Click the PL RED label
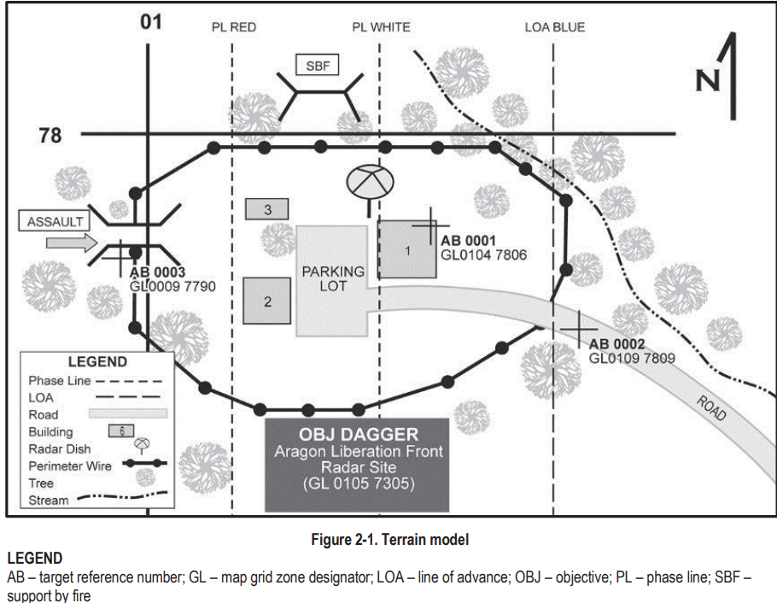click(234, 27)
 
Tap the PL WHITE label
click(381, 27)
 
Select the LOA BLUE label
click(555, 27)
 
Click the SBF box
click(318, 65)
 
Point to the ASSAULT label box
click(55, 221)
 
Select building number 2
click(267, 301)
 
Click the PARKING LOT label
click(333, 278)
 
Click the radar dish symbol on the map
click(368, 181)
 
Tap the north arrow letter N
click(707, 80)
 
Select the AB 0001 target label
click(468, 241)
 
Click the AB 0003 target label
click(158, 273)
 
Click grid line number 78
click(51, 135)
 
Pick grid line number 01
click(151, 20)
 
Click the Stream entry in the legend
click(49, 500)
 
